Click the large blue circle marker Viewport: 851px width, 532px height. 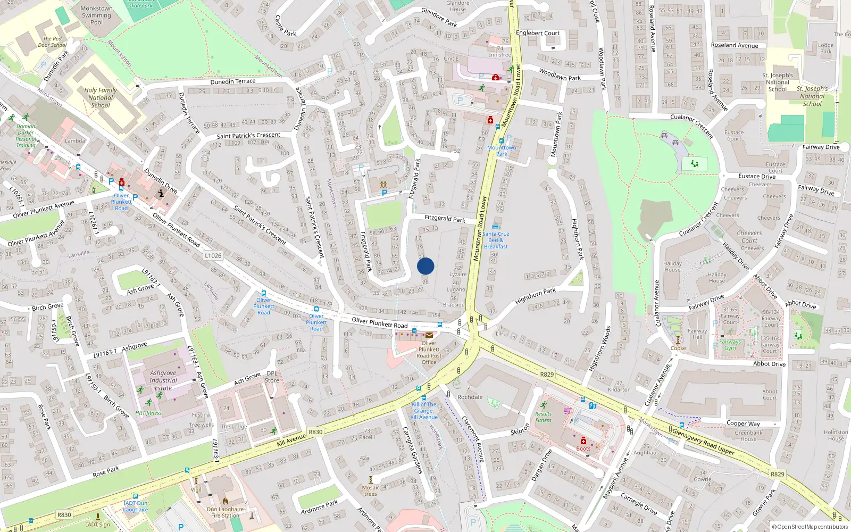(x=425, y=266)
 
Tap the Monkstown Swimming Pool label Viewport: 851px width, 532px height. (x=96, y=15)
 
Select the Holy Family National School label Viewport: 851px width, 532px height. (x=101, y=97)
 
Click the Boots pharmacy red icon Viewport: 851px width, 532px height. (x=583, y=440)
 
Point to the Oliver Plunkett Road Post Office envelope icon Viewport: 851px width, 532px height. (x=429, y=335)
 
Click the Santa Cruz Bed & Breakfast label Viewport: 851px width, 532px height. (x=496, y=240)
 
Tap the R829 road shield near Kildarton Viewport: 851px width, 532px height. (x=547, y=375)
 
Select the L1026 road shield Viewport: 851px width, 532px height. (x=213, y=255)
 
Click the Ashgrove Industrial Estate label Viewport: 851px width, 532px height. (x=163, y=380)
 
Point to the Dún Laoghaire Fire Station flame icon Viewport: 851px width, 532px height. (x=225, y=501)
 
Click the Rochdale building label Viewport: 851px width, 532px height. (x=470, y=397)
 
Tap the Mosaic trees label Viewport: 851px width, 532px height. (x=371, y=491)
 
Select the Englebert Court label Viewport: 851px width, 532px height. (x=538, y=33)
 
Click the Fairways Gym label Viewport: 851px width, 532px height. (x=730, y=345)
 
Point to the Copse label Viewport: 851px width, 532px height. (x=678, y=348)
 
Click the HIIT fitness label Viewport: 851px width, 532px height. (x=148, y=413)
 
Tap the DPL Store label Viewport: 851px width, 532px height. (x=272, y=377)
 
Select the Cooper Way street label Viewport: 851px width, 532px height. (x=743, y=423)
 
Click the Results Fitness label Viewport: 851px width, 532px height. (x=544, y=417)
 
